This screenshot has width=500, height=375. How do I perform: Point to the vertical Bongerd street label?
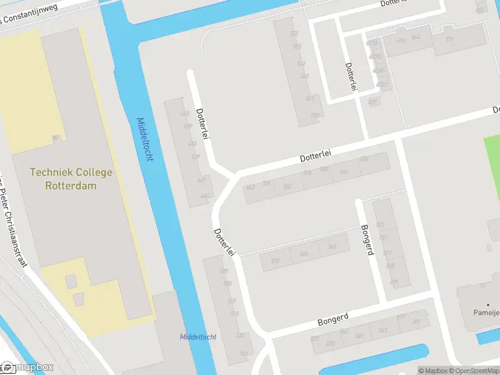pos(367,239)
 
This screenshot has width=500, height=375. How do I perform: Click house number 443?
pos(184,114)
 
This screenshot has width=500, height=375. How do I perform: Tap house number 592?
pos(344,172)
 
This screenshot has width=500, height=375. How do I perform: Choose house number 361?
pos(332,247)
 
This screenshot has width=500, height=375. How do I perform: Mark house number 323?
pos(379,225)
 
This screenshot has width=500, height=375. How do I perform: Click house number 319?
pos(232,301)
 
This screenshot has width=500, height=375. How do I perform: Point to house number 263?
pos(358,336)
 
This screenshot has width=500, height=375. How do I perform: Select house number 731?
pos(449,39)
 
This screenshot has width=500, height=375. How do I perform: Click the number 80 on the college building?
pos(56,138)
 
